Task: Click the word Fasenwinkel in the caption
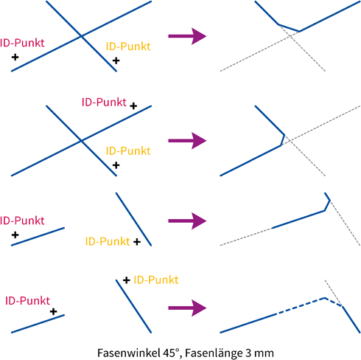(x=128, y=353)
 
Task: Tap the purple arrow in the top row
(x=187, y=36)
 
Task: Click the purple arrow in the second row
(x=187, y=141)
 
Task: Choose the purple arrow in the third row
(x=187, y=221)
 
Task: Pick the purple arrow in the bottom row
(x=187, y=308)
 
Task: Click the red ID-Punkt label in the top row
(x=22, y=43)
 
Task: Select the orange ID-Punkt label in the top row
(x=128, y=46)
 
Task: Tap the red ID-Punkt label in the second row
(x=104, y=102)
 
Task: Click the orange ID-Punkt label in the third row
(x=108, y=241)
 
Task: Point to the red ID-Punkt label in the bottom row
(x=27, y=301)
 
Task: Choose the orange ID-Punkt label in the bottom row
(x=156, y=280)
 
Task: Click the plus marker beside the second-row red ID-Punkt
(x=133, y=106)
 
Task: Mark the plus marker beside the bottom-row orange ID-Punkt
(x=127, y=280)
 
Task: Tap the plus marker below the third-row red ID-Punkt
(x=15, y=235)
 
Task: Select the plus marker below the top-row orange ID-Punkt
(x=116, y=60)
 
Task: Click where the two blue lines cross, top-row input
(x=81, y=36)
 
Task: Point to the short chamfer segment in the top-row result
(x=289, y=28)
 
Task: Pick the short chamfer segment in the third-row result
(x=327, y=206)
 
